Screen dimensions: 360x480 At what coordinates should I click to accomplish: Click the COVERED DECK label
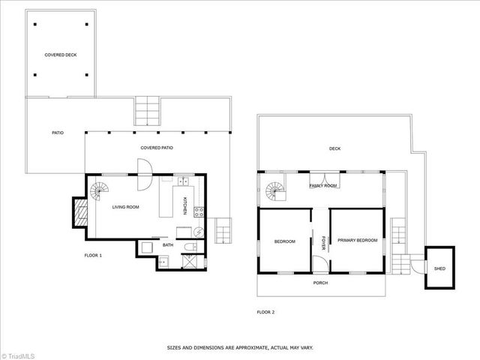pos(61,55)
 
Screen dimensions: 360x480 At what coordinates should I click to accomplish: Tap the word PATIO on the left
pos(57,133)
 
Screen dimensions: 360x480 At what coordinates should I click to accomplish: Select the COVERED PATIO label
pos(157,148)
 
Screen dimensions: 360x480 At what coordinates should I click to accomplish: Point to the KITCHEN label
pos(185,204)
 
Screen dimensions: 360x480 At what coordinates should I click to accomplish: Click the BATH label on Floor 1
pos(168,244)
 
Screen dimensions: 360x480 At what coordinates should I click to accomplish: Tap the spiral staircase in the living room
pos(98,193)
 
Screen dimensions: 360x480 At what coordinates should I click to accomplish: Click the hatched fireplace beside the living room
pos(79,211)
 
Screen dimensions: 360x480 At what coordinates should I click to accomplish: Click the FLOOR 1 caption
pos(93,256)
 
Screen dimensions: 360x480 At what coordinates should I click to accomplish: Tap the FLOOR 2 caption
pos(265,311)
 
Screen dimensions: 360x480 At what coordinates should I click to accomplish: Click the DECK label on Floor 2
pos(334,148)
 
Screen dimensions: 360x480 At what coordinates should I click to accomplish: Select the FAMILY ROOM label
pos(323,185)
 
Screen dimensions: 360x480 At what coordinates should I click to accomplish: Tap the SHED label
pos(439,268)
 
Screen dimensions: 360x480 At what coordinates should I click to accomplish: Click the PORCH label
pos(320,283)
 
